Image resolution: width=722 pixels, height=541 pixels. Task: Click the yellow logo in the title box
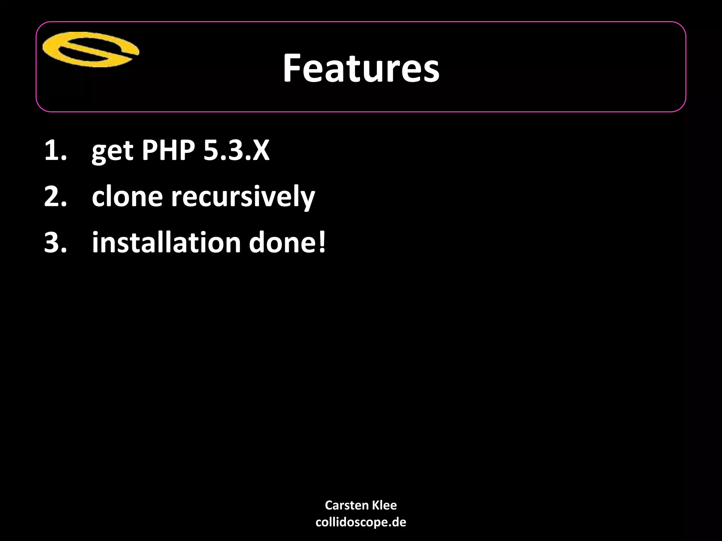pyautogui.click(x=91, y=50)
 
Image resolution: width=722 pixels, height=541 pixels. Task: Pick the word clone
pyautogui.click(x=127, y=197)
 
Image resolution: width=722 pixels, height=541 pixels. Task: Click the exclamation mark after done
pyautogui.click(x=322, y=243)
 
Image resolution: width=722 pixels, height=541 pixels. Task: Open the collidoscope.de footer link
pyautogui.click(x=361, y=522)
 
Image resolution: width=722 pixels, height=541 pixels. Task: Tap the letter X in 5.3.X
pyautogui.click(x=260, y=151)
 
